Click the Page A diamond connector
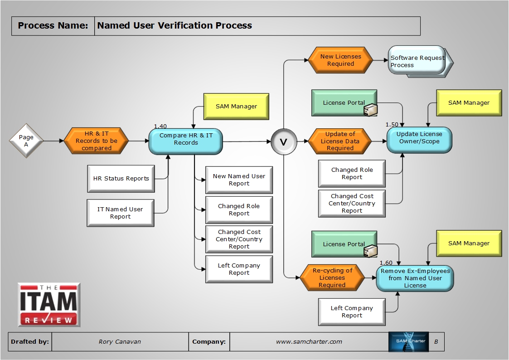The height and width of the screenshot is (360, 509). point(26,141)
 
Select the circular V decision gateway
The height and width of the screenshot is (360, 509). point(283,142)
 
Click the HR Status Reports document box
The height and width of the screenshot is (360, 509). point(121,179)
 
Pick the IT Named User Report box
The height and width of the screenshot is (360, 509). point(120,213)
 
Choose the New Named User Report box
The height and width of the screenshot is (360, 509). point(239,180)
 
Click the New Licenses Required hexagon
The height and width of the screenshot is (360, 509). point(340,60)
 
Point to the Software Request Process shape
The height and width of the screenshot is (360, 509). point(417,61)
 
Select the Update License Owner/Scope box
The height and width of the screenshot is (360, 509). point(419,138)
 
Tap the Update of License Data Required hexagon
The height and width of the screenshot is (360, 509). point(340,141)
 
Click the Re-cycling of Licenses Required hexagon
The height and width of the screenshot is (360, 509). point(332,277)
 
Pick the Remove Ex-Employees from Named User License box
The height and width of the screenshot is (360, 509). point(415,278)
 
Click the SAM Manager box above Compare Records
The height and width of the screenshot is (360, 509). point(236,107)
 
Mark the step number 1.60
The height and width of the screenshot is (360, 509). point(386,263)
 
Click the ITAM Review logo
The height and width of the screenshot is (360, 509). point(49,305)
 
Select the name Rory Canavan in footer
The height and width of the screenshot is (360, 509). point(120,342)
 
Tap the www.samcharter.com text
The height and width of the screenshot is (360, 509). point(309,342)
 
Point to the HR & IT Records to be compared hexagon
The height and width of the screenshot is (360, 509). point(96,141)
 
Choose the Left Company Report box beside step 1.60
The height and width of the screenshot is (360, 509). point(352,311)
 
